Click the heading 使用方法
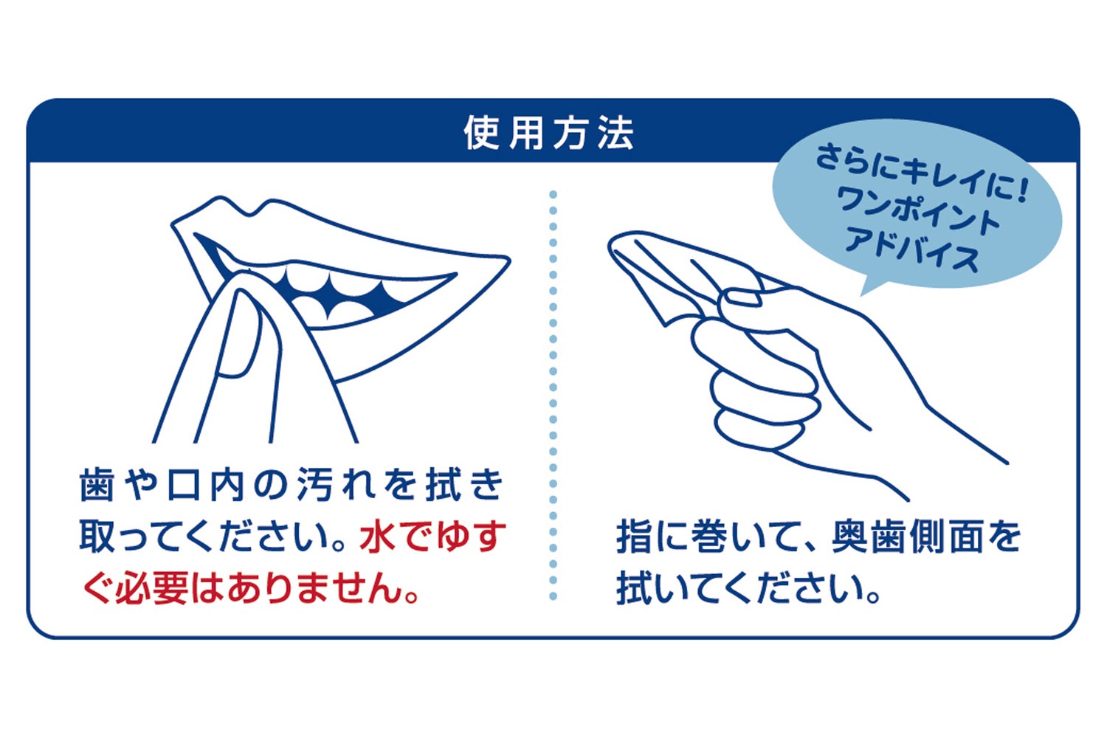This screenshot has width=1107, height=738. tap(548, 133)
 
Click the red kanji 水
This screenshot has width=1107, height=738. tap(378, 537)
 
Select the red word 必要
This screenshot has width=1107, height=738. tap(153, 587)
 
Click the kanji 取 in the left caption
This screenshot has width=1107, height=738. tap(97, 537)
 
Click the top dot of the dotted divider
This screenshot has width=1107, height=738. tap(553, 194)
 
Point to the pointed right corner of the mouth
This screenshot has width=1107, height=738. tap(508, 258)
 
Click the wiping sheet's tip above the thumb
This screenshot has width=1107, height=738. tap(611, 242)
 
